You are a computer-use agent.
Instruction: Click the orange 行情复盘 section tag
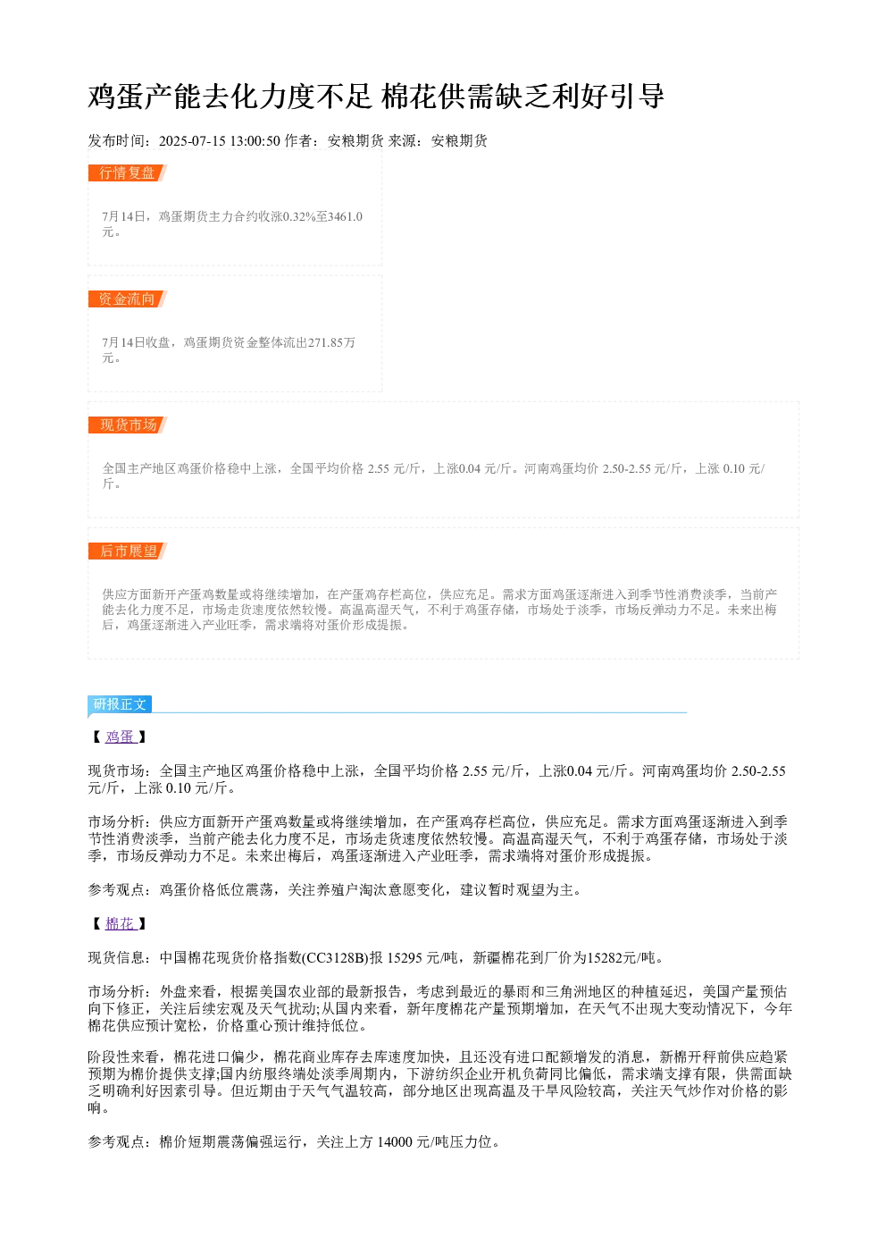127,173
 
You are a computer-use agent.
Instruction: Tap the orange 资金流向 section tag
127,299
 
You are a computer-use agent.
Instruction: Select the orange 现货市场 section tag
128,425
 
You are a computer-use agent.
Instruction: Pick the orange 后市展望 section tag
128,551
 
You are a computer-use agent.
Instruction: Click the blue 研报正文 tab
120,703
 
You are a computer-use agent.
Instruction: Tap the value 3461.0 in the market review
346,216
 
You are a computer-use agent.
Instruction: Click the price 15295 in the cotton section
405,958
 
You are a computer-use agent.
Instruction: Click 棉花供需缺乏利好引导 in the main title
523,97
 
